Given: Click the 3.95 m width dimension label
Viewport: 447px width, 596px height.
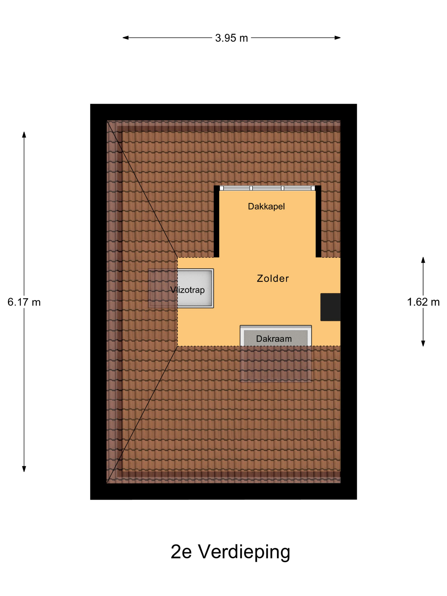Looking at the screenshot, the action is coord(231,38).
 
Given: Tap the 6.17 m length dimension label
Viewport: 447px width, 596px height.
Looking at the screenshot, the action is coord(24,302).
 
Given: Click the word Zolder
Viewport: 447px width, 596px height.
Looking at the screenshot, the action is coord(273,278).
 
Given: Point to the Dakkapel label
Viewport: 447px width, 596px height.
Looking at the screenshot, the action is coord(266,206).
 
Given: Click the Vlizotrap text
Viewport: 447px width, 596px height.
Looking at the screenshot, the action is coord(187,290).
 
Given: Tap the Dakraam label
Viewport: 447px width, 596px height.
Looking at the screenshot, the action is coord(274,339).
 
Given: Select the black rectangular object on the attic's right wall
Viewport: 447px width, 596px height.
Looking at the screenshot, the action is coord(330,307).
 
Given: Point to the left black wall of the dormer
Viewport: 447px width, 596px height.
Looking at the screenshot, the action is coord(216,221).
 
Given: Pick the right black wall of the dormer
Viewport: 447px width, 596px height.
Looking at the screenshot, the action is coord(318,221).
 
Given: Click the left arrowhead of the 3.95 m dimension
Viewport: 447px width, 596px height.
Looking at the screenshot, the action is coord(126,38).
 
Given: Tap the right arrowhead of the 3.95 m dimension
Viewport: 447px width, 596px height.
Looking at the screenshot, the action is coord(338,38).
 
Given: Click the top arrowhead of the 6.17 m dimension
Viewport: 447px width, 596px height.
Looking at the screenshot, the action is coord(24,135).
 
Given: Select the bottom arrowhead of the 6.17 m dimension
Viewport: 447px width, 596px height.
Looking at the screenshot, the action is coord(24,469).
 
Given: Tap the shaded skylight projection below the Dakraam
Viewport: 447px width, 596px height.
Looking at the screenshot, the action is coord(276,364).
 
